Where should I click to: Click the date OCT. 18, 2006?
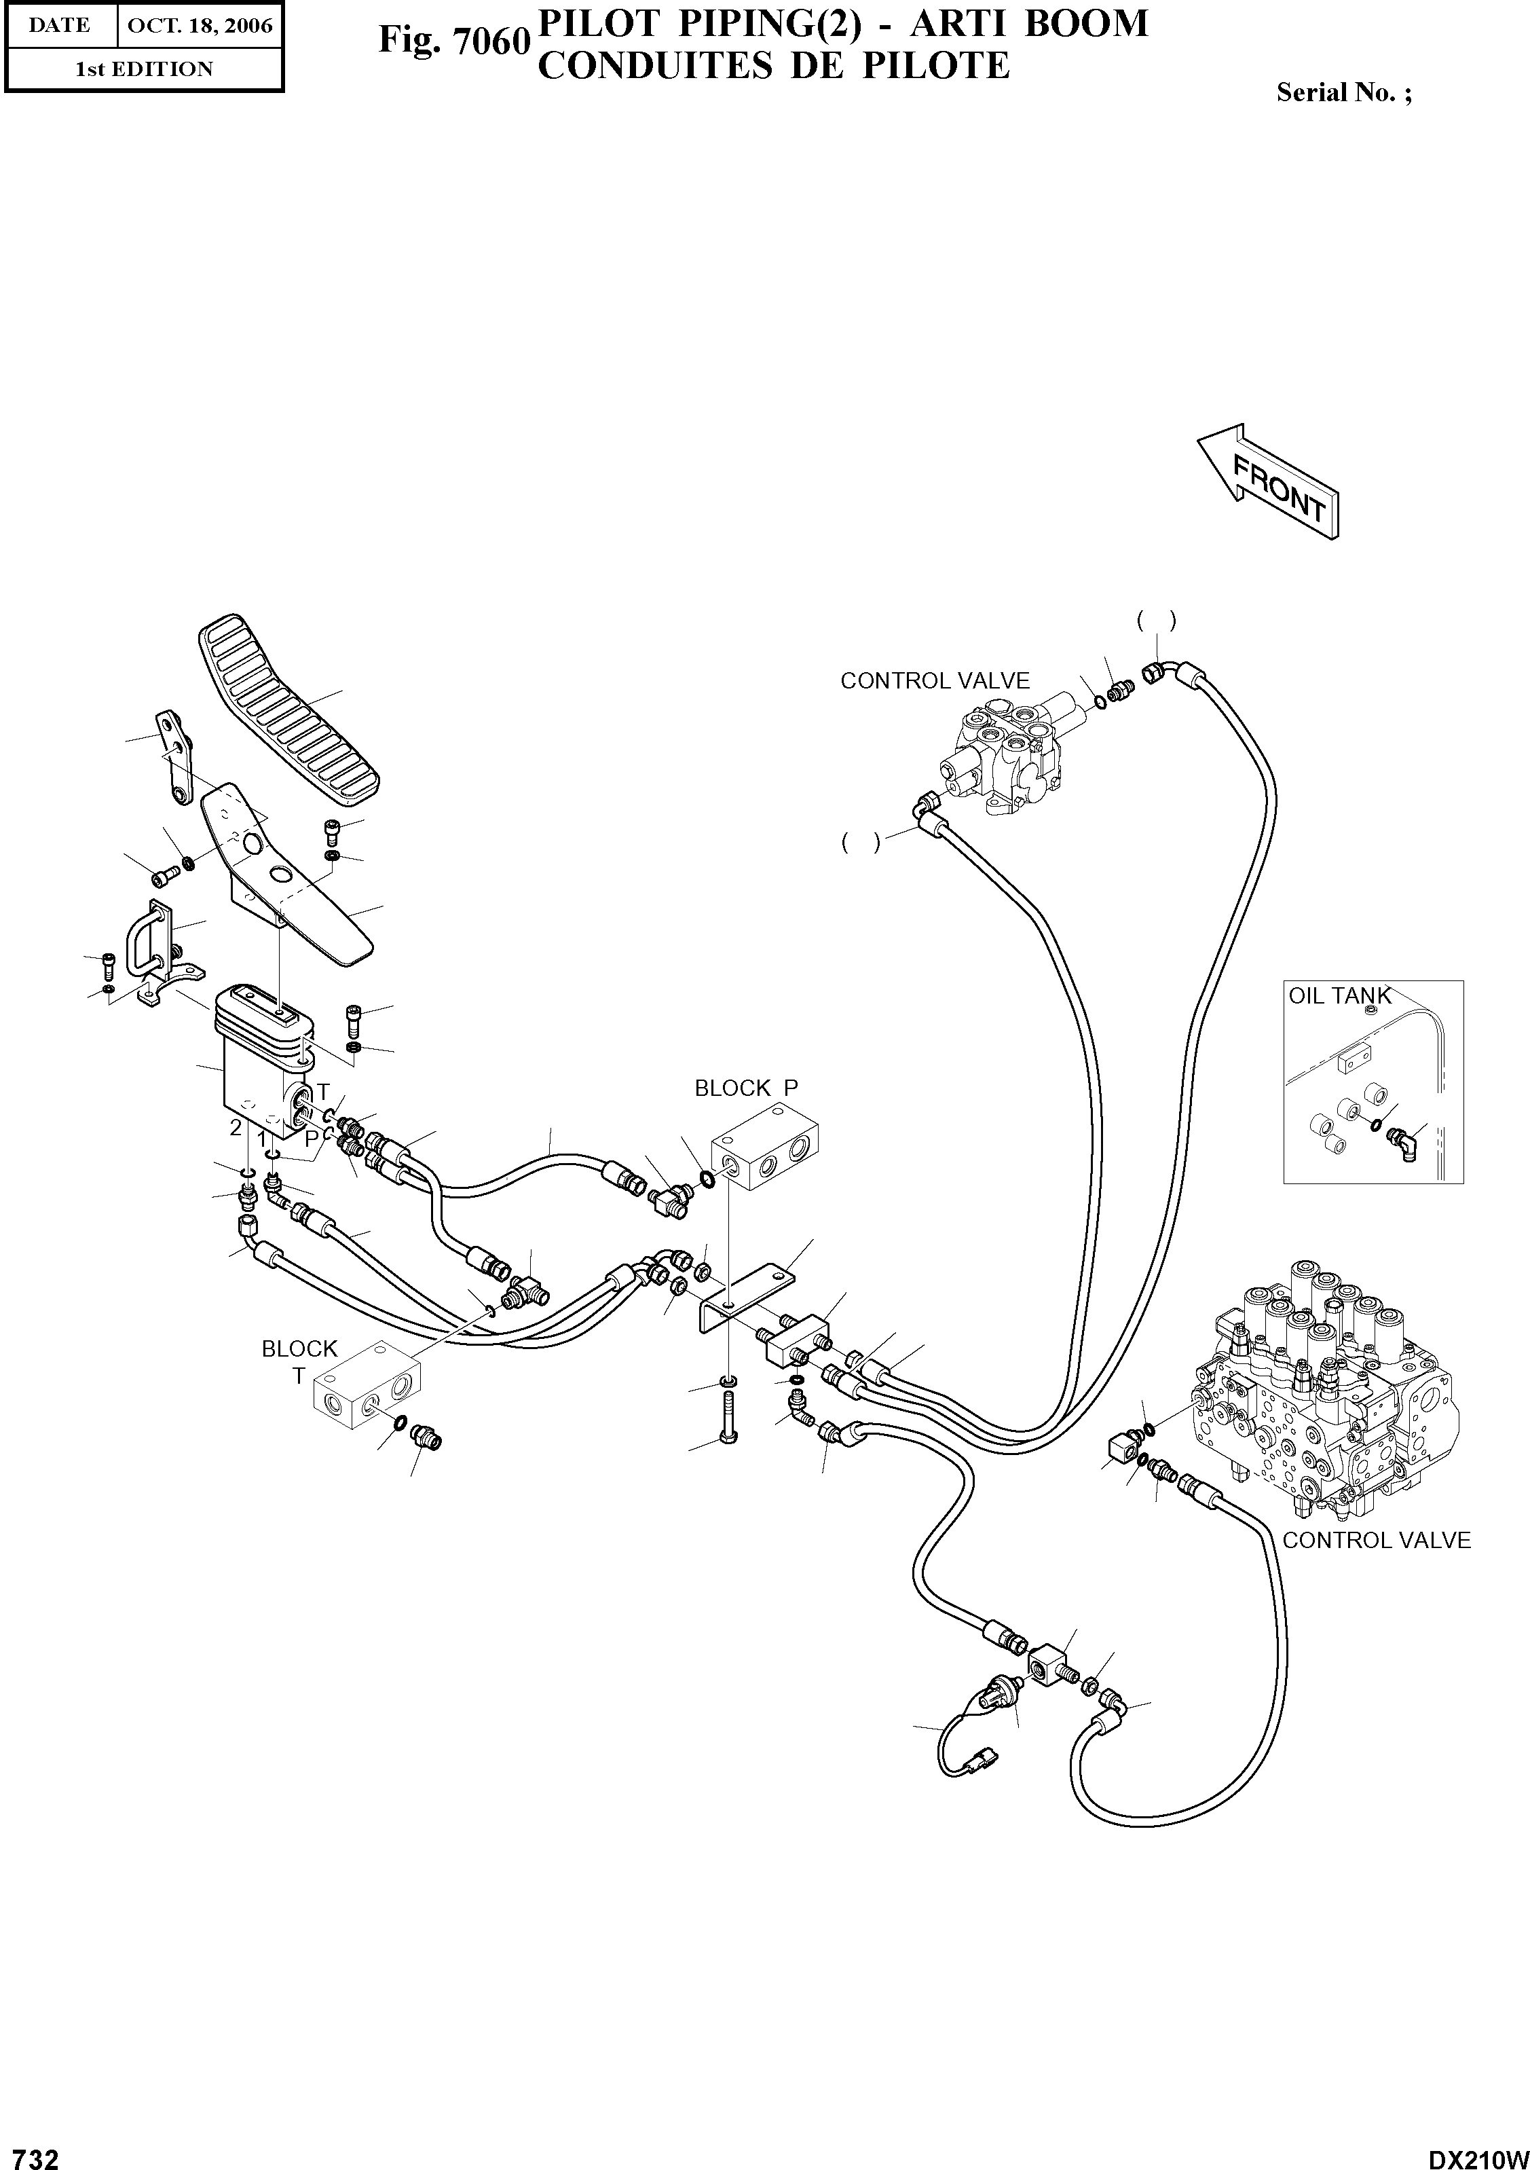200,26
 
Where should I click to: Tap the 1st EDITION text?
144,69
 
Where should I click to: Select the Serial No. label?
1343,92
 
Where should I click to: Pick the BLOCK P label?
745,1088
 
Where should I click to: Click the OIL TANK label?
1340,995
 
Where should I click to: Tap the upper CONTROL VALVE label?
935,680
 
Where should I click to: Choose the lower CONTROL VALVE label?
1376,1540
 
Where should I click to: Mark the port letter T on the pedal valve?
322,1092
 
